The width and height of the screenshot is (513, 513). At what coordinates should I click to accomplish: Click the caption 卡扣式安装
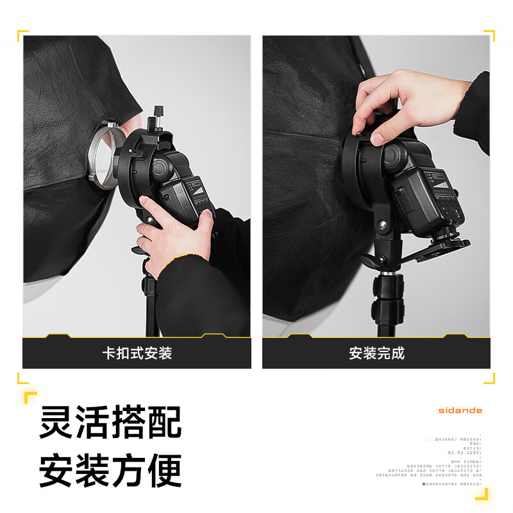pyautogui.click(x=137, y=353)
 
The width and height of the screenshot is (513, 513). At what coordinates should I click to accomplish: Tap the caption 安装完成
pyautogui.click(x=376, y=353)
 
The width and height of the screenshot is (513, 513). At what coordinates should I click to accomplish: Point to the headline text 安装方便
pyautogui.click(x=110, y=470)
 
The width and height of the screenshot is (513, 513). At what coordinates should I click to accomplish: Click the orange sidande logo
pyautogui.click(x=460, y=410)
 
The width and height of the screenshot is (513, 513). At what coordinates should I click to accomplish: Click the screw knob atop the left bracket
pyautogui.click(x=155, y=121)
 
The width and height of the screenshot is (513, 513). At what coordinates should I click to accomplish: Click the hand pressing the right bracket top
pyautogui.click(x=391, y=106)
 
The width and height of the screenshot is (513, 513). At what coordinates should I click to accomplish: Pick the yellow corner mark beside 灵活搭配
pyautogui.click(x=29, y=398)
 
